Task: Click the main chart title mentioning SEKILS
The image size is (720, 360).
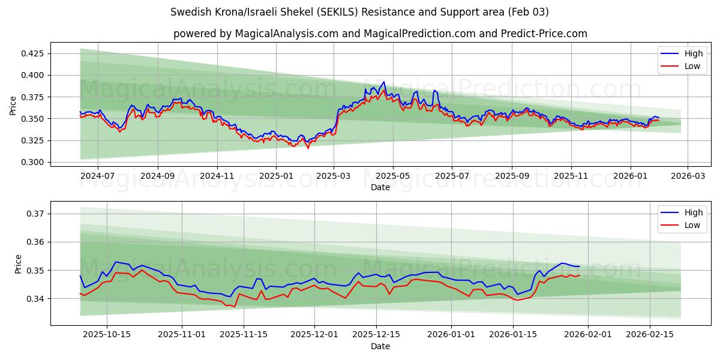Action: (359, 12)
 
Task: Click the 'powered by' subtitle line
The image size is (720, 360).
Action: (380, 34)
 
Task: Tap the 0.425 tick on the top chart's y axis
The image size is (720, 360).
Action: (31, 53)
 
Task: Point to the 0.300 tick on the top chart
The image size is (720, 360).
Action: (31, 163)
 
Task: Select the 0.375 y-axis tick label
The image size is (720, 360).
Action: (31, 97)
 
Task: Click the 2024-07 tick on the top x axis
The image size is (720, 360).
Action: (97, 176)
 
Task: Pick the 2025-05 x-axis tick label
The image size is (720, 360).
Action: (393, 176)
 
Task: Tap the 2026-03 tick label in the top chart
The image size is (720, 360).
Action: (688, 176)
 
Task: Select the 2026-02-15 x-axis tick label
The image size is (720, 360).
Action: (650, 335)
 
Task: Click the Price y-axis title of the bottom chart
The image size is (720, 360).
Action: (18, 264)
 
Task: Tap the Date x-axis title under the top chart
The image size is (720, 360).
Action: (380, 187)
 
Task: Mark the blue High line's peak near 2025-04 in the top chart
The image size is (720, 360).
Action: (383, 82)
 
